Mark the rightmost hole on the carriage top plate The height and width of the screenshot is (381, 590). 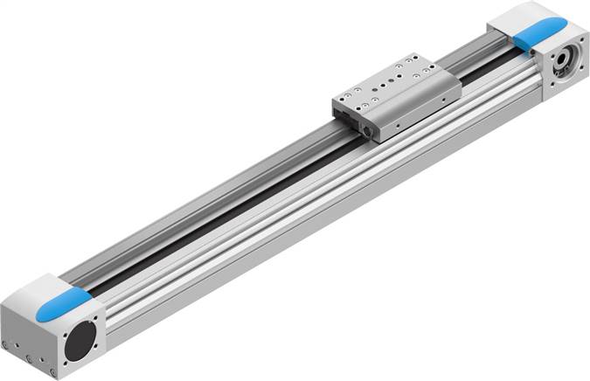(x=432, y=66)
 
